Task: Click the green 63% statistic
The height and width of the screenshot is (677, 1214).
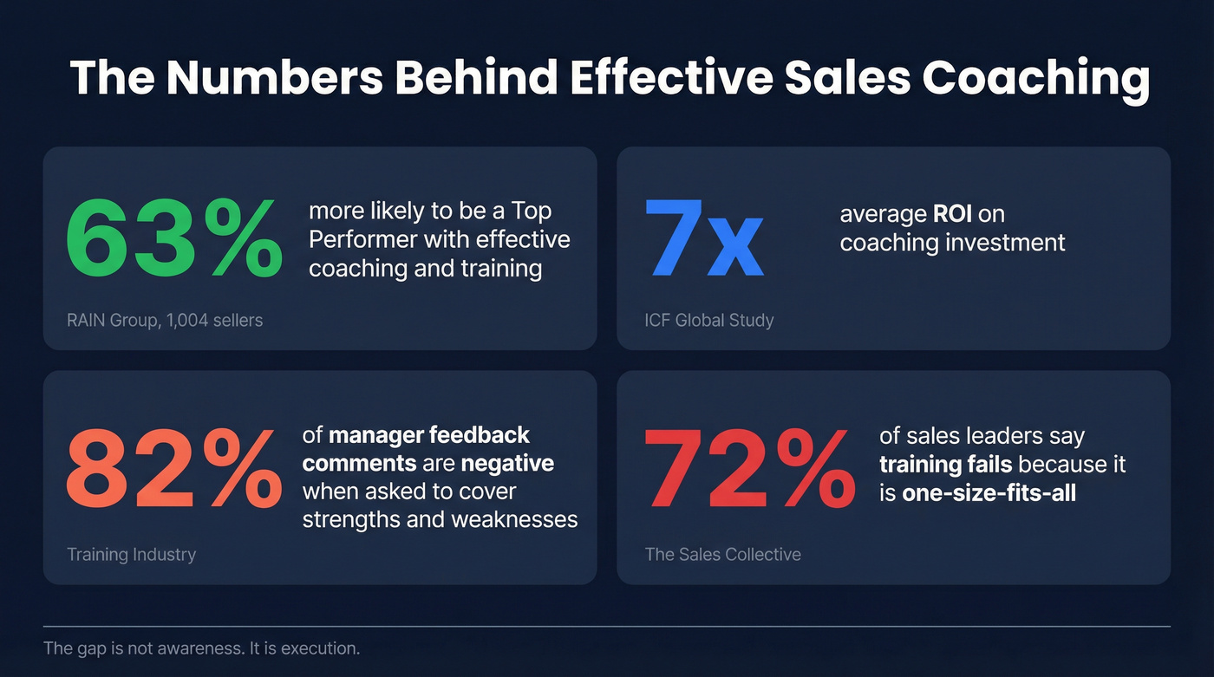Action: click(173, 237)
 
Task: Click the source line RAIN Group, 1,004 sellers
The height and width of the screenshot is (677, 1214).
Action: click(165, 320)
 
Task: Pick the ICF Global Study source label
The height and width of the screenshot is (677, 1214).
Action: click(709, 320)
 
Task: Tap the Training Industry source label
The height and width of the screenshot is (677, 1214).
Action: click(131, 554)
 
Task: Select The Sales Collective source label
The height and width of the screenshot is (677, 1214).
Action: click(723, 554)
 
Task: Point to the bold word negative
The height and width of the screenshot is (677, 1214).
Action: click(507, 463)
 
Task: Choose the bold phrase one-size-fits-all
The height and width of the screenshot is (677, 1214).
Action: click(977, 493)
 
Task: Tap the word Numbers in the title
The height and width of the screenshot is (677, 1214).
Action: click(274, 78)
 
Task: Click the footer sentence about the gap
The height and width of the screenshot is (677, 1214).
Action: click(201, 648)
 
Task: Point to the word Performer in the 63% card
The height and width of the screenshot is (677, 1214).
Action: click(363, 239)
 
